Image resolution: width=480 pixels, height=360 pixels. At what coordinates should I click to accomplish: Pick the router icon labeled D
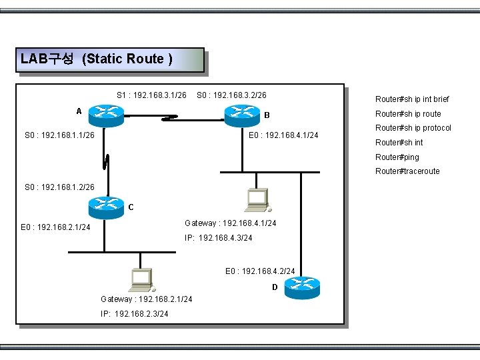(302, 288)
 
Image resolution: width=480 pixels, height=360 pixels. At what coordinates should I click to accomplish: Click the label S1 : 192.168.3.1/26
(151, 95)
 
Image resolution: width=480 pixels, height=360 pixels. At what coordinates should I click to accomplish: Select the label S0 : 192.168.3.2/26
(231, 95)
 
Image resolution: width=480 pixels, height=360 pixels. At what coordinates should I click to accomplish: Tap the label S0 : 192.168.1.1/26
(59, 135)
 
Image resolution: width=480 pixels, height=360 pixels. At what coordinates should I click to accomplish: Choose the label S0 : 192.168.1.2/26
(59, 187)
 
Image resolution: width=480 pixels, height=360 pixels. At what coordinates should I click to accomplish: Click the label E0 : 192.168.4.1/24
(283, 135)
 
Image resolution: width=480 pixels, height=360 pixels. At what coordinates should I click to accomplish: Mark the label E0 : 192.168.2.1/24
(55, 227)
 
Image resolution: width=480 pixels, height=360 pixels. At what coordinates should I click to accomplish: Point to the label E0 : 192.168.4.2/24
(260, 271)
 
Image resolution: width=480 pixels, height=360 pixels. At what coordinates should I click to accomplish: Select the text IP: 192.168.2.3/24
(134, 313)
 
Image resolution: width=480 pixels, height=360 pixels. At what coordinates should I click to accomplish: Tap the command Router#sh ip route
(408, 114)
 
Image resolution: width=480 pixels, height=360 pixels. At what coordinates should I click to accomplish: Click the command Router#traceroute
(407, 171)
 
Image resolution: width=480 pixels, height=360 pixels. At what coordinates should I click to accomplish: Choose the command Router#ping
(397, 157)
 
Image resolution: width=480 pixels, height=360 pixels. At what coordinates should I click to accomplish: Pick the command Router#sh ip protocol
(413, 128)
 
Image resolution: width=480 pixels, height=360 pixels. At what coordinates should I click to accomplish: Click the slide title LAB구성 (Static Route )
(97, 59)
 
